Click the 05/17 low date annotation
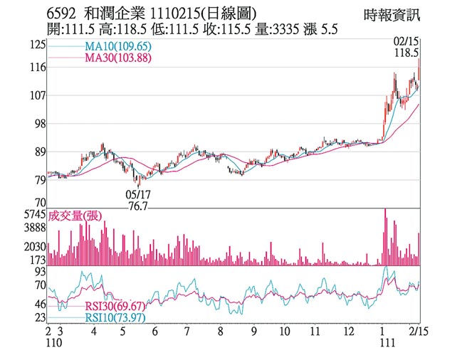[137, 194]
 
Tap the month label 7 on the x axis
[186, 332]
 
